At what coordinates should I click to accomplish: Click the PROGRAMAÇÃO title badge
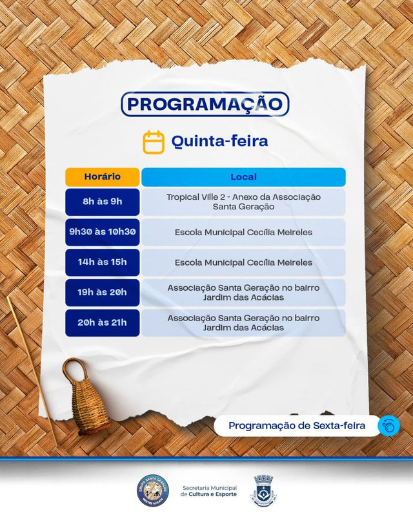[x=205, y=104]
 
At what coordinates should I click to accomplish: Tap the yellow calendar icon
[x=154, y=142]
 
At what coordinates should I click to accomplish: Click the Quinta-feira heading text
[x=219, y=141]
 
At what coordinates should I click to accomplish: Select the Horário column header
[x=103, y=177]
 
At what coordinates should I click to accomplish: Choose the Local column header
[x=243, y=177]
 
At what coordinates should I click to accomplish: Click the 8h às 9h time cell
[x=103, y=202]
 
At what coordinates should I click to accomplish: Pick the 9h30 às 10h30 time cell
[x=103, y=232]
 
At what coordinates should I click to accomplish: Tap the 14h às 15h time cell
[x=103, y=262]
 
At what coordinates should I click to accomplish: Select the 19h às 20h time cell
[x=103, y=293]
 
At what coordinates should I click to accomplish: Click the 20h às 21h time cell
[x=103, y=322]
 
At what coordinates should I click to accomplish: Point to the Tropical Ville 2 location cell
[x=243, y=202]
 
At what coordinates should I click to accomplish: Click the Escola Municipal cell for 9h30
[x=243, y=232]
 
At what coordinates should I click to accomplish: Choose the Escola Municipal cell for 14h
[x=243, y=262]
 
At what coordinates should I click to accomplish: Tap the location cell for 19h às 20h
[x=243, y=293]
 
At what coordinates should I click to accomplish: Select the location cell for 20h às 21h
[x=243, y=322]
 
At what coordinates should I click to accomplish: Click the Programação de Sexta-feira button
[x=297, y=426]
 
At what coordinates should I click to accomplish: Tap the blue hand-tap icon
[x=389, y=425]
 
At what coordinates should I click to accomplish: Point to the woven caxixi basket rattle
[x=83, y=396]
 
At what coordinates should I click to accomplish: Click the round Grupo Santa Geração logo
[x=153, y=491]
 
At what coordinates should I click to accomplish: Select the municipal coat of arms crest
[x=263, y=491]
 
